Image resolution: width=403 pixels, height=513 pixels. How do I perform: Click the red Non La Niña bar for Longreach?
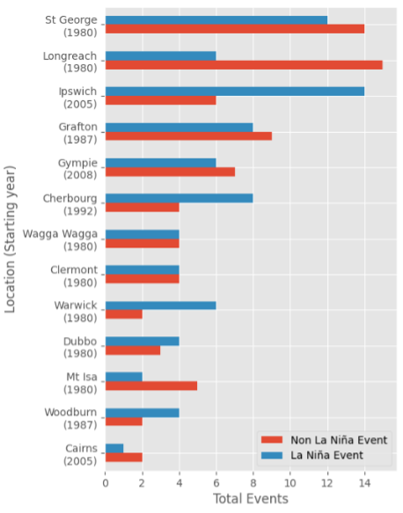pyautogui.click(x=243, y=65)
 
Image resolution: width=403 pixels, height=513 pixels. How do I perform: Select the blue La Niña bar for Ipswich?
pyautogui.click(x=234, y=92)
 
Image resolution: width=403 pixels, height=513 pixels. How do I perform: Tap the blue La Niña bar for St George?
pyautogui.click(x=216, y=20)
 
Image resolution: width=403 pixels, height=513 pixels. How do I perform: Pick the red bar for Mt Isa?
pyautogui.click(x=150, y=385)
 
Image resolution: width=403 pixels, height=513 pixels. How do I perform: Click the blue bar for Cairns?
pyautogui.click(x=114, y=448)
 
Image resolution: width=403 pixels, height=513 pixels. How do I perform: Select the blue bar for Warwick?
pyautogui.click(x=160, y=305)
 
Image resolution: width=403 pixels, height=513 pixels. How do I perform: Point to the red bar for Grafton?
pyautogui.click(x=188, y=136)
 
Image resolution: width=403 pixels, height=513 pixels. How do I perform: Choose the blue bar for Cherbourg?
pyautogui.click(x=179, y=199)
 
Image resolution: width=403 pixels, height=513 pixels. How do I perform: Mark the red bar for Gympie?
pyautogui.click(x=170, y=172)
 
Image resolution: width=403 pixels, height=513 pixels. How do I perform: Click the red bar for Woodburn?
pyautogui.click(x=123, y=421)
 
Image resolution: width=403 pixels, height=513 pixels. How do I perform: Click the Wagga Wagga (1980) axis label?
pyautogui.click(x=73, y=238)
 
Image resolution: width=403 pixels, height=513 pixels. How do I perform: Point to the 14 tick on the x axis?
pyautogui.click(x=363, y=481)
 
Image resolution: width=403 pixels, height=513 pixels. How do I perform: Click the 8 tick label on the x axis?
pyautogui.click(x=253, y=481)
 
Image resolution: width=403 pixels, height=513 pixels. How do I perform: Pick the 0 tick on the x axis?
pyautogui.click(x=105, y=481)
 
